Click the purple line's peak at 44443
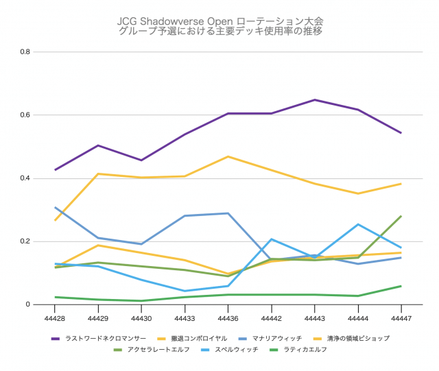coord(314,100)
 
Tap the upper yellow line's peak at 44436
coord(228,156)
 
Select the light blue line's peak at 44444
coord(357,224)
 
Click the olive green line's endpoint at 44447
coord(401,216)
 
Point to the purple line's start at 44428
coord(55,169)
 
